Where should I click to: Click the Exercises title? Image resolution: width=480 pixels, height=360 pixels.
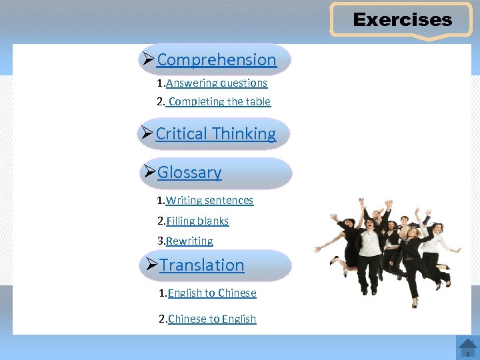402,20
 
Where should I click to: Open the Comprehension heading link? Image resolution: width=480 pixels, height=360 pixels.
216,60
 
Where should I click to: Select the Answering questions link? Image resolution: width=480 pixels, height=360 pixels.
217,83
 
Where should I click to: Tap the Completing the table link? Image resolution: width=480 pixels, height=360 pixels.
219,101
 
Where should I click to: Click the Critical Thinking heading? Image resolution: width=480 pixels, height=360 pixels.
215,134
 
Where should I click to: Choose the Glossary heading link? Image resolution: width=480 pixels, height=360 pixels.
189,173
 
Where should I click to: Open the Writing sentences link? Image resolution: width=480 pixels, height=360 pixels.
209,200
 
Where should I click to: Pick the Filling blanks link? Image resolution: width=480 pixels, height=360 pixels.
197,221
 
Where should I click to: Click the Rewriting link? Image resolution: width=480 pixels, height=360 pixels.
189,241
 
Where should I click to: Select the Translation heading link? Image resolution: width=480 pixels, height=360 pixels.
202,265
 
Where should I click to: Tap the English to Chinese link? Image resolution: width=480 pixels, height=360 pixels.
212,293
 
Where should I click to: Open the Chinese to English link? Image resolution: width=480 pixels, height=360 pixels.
212,319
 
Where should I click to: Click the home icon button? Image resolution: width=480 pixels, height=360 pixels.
467,347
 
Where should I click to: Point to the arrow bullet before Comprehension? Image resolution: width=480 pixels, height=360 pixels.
149,59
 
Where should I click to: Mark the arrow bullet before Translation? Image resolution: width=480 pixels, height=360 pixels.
151,265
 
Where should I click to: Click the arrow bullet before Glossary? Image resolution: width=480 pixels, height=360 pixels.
149,172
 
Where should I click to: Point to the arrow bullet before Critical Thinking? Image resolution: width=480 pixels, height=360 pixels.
147,133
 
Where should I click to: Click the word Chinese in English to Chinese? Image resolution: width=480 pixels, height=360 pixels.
237,293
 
